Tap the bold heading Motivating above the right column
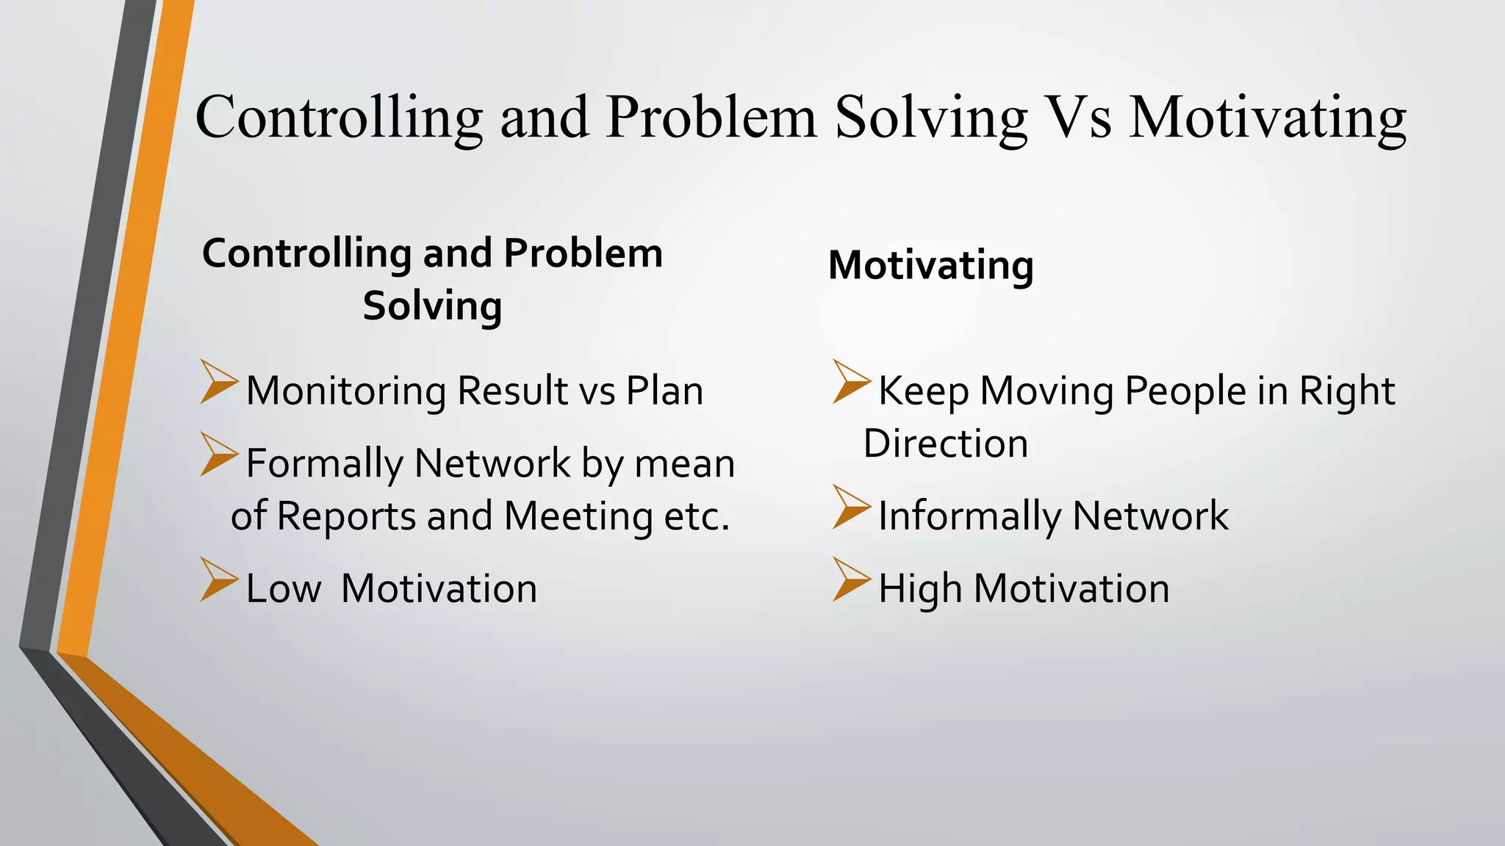click(x=930, y=265)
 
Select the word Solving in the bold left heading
click(x=432, y=306)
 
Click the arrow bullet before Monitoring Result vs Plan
click(x=218, y=382)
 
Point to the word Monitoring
click(x=345, y=391)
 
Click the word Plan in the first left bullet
click(x=664, y=391)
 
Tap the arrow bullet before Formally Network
click(x=218, y=455)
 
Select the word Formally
click(x=324, y=464)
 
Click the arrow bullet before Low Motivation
click(x=218, y=579)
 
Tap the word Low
click(x=283, y=589)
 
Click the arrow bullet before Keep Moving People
click(x=851, y=382)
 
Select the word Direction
click(x=945, y=444)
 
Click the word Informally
click(x=970, y=516)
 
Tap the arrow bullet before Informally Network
click(x=851, y=507)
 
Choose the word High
click(x=920, y=589)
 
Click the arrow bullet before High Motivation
click(x=851, y=579)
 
